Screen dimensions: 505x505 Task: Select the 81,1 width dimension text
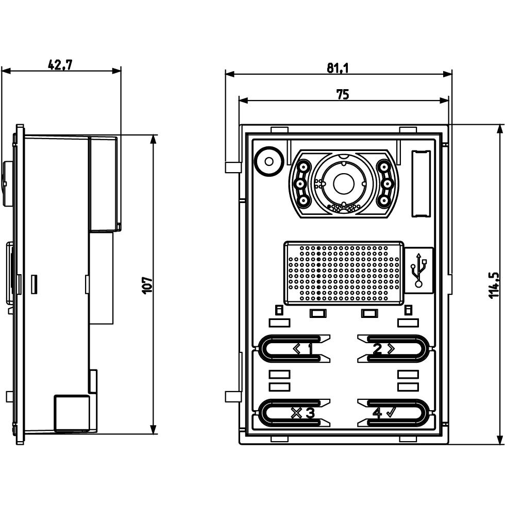pyautogui.click(x=337, y=68)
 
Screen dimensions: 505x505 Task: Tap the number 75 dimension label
pyautogui.click(x=342, y=94)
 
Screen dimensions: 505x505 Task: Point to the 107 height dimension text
pyautogui.click(x=146, y=285)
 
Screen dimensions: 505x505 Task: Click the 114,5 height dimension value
pyautogui.click(x=493, y=285)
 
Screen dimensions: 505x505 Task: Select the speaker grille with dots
pyautogui.click(x=344, y=273)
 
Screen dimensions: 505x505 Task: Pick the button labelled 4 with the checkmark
pyautogui.click(x=393, y=412)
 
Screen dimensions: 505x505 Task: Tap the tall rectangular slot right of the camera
pyautogui.click(x=420, y=183)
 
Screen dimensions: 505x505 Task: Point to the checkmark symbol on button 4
pyautogui.click(x=390, y=412)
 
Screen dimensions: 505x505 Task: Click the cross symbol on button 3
pyautogui.click(x=296, y=412)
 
